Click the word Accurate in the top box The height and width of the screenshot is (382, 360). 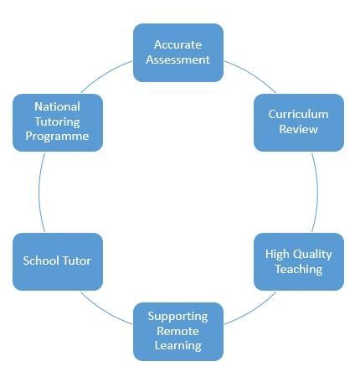coord(177,44)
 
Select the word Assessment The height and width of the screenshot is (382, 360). coord(177,59)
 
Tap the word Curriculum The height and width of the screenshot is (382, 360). coord(298,114)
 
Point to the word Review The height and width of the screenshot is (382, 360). coord(298,129)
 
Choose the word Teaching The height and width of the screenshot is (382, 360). coord(299,270)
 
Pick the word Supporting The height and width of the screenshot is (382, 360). coord(177,317)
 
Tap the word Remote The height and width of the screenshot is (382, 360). coord(177,331)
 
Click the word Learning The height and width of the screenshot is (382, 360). coord(177,346)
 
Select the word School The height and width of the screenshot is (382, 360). coord(41,261)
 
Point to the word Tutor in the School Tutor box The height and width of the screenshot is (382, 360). coord(76,261)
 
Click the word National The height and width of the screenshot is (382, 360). coord(57,106)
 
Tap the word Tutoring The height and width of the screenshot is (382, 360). coord(57,122)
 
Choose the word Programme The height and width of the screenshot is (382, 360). coord(57,137)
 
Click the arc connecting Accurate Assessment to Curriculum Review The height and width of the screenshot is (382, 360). coord(252,74)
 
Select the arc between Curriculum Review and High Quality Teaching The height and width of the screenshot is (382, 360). coord(317,192)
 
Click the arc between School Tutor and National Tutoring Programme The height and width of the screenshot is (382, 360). coord(39,192)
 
